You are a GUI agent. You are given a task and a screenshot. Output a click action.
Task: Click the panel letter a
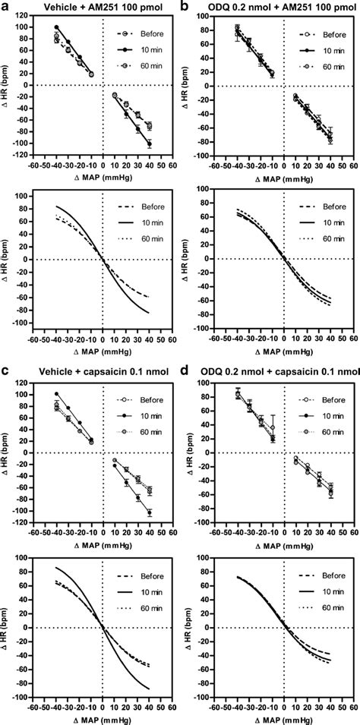click(5, 6)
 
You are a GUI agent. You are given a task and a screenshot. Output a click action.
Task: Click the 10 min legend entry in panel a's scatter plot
click(142, 49)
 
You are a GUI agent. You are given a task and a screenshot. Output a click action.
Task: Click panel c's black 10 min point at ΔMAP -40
click(56, 394)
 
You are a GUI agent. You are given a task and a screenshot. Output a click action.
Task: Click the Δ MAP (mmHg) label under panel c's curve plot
click(103, 717)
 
